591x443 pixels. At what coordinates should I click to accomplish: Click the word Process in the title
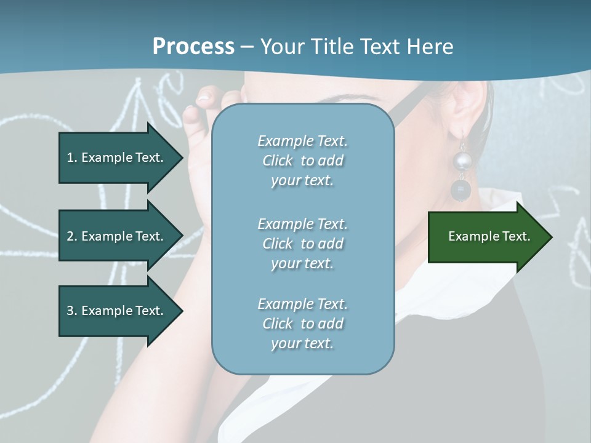coord(193,47)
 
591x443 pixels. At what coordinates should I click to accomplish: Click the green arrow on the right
coord(489,237)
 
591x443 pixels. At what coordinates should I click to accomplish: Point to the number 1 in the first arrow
coord(70,158)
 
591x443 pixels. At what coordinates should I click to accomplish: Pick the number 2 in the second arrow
coord(70,236)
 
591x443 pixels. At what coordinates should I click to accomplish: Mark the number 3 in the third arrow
coord(70,311)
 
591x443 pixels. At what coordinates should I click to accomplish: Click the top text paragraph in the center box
coord(302,161)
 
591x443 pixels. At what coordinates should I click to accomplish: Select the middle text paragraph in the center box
coord(302,244)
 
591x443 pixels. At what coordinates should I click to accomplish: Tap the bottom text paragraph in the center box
coord(302,324)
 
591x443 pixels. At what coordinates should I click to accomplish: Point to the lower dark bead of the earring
coord(459,190)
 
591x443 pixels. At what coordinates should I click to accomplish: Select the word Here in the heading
coord(432,47)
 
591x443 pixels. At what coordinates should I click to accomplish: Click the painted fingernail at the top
coord(204,95)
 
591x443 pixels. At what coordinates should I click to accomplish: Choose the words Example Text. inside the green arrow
coord(489,237)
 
